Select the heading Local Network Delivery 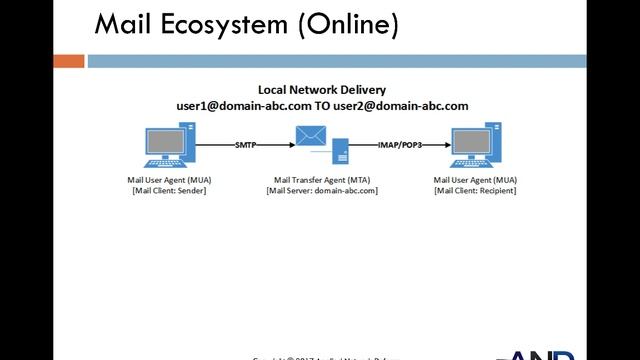point(322,89)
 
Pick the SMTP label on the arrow point(246,146)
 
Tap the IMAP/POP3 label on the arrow point(397,146)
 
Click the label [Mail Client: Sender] point(169,190)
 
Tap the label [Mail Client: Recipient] point(475,190)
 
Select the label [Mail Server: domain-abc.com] point(322,190)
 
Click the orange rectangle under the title point(69,61)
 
